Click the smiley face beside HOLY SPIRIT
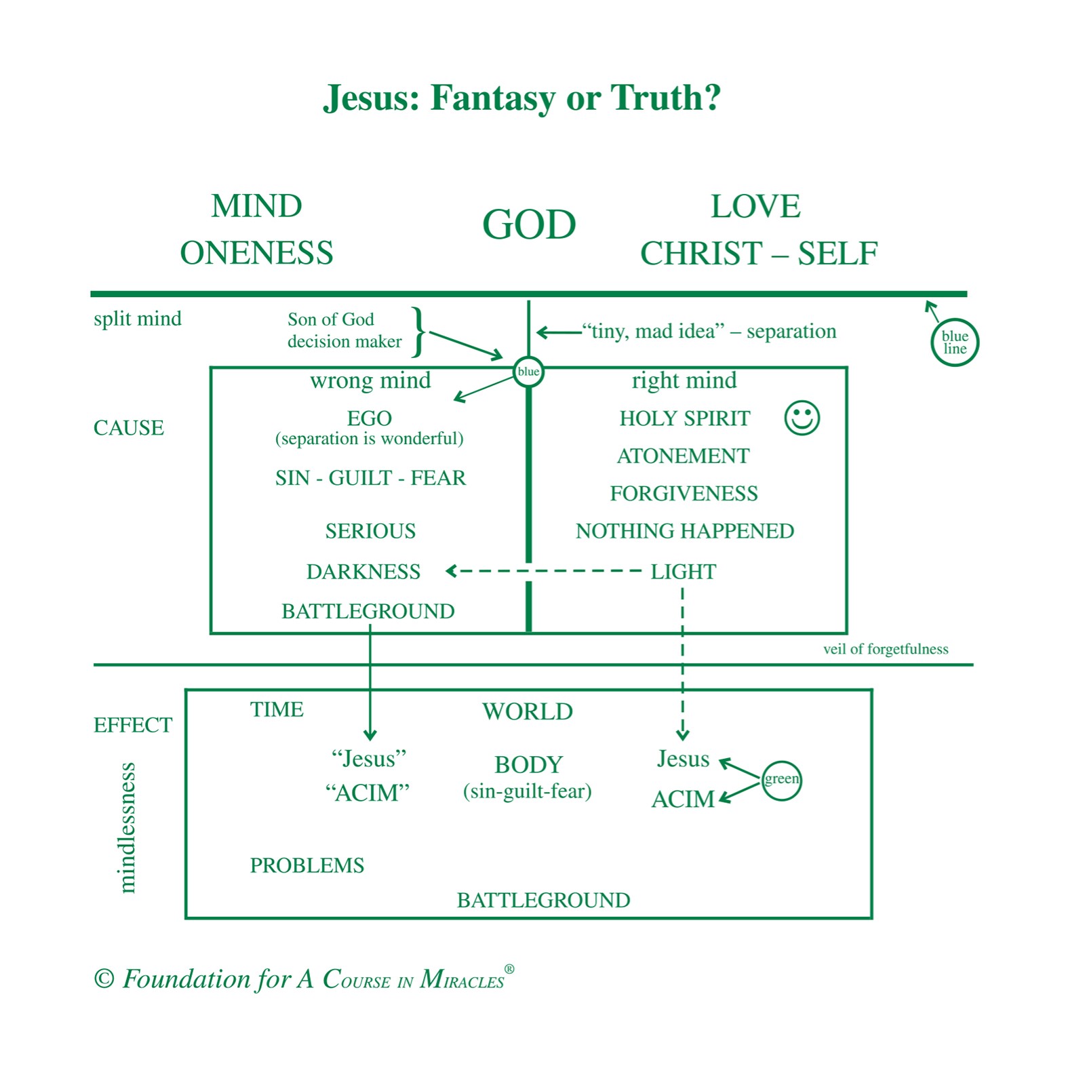tap(802, 418)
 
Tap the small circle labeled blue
tap(528, 372)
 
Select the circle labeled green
tap(781, 780)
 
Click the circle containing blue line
tap(954, 342)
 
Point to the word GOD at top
tap(529, 224)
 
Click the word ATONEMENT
tap(683, 456)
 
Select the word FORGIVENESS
tap(684, 494)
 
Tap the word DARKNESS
tap(363, 572)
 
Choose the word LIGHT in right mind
tap(683, 572)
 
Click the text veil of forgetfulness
tap(885, 649)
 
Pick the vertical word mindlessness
tap(127, 827)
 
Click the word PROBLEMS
tap(307, 865)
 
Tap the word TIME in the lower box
tap(277, 709)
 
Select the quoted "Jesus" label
tap(369, 759)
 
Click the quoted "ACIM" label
tap(368, 793)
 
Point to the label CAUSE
tap(128, 428)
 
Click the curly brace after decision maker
tap(419, 331)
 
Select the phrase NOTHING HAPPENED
tap(684, 531)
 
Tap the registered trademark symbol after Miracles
tap(509, 969)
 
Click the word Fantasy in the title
tap(493, 98)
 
